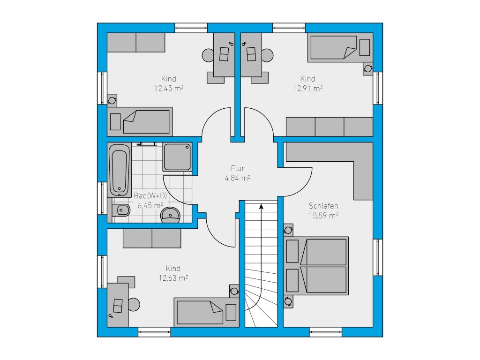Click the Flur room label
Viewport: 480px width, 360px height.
(238, 168)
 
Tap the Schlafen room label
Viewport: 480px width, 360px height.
(323, 206)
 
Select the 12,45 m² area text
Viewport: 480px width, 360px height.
(169, 89)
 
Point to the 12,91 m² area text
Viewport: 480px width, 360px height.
(307, 89)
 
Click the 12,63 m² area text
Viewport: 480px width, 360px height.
(173, 278)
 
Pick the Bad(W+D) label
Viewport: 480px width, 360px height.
(150, 195)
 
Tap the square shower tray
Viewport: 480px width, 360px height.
(177, 157)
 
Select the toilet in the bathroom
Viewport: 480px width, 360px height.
(121, 210)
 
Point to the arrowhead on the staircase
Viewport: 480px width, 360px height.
(261, 207)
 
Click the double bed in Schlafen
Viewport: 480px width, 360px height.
(316, 266)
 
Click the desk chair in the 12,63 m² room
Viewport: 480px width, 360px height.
(134, 305)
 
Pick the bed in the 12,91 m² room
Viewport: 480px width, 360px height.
(340, 47)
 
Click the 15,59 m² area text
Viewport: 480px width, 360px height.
(323, 216)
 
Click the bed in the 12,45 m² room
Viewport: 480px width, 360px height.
(140, 122)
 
